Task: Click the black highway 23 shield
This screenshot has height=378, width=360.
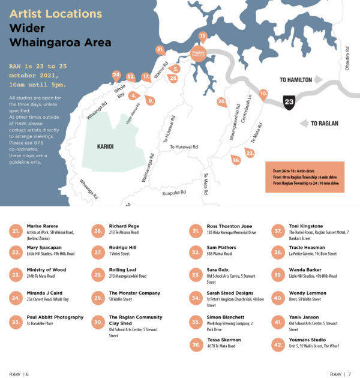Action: [x=290, y=103]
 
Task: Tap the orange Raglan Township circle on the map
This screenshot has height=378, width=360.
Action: [x=199, y=53]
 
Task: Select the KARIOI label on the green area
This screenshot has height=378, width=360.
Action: [x=110, y=145]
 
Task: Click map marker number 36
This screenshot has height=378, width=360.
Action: [x=236, y=160]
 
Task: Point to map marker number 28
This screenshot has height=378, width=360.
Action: [x=221, y=103]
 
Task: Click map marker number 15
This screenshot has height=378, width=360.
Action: [x=203, y=37]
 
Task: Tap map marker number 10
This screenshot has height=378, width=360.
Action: [x=263, y=94]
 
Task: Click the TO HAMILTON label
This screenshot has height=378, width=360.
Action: [x=296, y=79]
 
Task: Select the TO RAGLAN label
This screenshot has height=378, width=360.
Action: [x=325, y=124]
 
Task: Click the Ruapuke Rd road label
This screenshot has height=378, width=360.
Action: [x=174, y=193]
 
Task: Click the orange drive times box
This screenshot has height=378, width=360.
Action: [x=305, y=177]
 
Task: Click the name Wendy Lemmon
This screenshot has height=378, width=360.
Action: [x=309, y=293]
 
